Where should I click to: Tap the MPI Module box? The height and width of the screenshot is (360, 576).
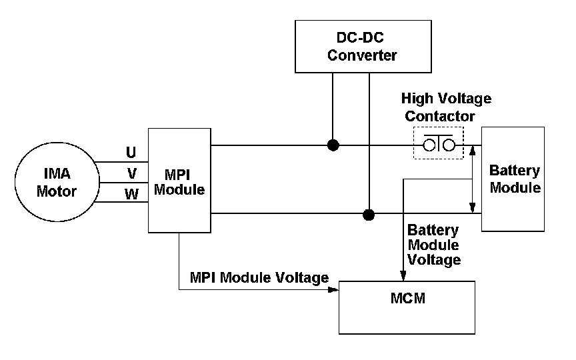pos(179,181)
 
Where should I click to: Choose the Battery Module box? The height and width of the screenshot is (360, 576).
pos(513,179)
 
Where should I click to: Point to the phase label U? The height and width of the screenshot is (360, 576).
pos(131,152)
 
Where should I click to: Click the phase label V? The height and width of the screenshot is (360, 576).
pos(132,174)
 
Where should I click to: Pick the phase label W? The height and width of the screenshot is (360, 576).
pos(132,195)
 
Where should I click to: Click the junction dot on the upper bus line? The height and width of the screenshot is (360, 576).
pos(332,145)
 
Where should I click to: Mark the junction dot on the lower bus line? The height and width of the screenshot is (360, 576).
pos(368,215)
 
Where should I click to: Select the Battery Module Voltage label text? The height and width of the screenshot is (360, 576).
pos(434,245)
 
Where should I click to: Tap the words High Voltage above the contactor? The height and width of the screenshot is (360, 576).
pos(446,99)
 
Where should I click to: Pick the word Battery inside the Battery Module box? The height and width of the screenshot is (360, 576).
pos(514,170)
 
